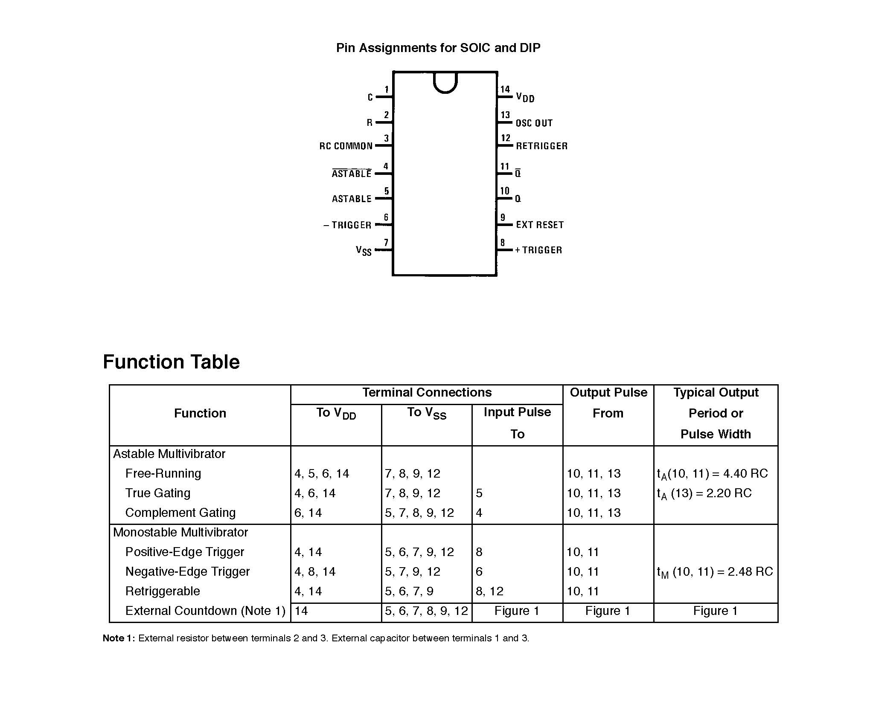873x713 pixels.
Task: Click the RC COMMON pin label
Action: [346, 146]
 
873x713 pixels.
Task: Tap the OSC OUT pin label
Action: [534, 123]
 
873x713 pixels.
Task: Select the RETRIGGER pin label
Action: [541, 146]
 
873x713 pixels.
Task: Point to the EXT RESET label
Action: [539, 225]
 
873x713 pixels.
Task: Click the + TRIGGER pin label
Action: [538, 250]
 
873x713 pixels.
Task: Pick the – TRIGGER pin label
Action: [347, 225]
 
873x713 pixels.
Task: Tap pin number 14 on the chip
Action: [505, 89]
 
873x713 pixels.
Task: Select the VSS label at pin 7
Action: [364, 250]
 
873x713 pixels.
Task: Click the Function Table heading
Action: [171, 362]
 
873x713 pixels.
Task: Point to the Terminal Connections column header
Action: [427, 392]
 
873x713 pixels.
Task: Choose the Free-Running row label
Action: [163, 473]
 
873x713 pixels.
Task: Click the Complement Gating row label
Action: [180, 513]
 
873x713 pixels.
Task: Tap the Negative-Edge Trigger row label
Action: [187, 571]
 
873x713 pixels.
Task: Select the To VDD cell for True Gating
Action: [315, 493]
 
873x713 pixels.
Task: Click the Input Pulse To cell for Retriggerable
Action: [489, 591]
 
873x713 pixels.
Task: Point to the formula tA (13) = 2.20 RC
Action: [704, 493]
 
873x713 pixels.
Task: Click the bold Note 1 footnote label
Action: [119, 638]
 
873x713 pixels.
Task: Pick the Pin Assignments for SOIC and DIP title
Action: [438, 48]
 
